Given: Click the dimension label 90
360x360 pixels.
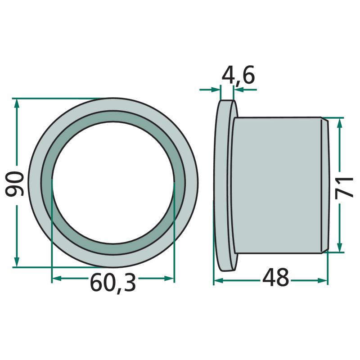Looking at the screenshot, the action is tap(15, 184).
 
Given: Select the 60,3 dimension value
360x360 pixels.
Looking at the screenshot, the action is tap(113, 283).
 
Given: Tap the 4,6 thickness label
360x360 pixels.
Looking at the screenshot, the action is tap(238, 75).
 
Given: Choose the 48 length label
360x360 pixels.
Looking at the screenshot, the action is tap(275, 278).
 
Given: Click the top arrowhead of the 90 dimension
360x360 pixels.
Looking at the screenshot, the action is tap(16, 104).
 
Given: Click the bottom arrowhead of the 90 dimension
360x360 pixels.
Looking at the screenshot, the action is tap(16, 262).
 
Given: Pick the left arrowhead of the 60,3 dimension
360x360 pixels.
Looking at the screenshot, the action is tap(57, 279).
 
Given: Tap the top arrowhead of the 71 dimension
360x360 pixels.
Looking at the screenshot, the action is tap(340, 123).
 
